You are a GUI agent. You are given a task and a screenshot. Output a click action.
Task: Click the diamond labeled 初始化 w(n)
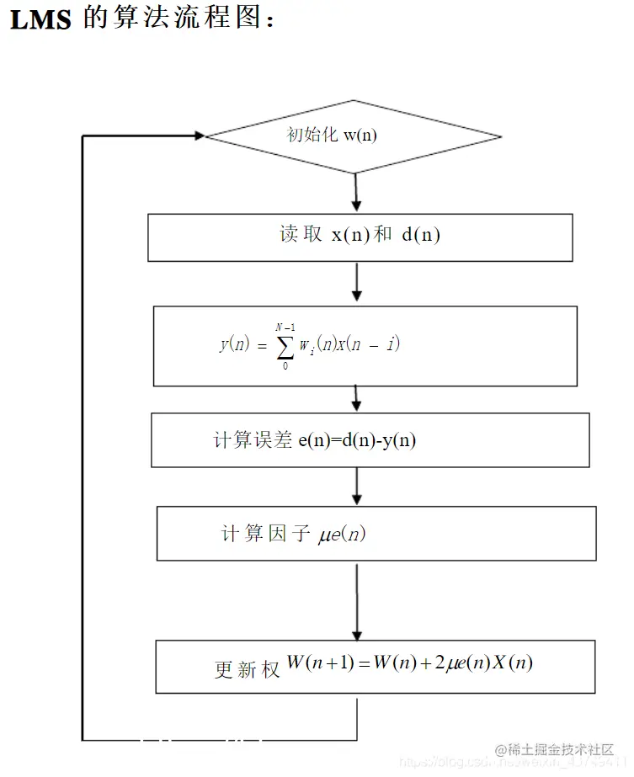[x=354, y=136]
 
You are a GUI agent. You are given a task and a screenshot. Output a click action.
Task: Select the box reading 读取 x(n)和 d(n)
[x=360, y=237]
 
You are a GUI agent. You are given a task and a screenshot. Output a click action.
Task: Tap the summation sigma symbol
[x=285, y=344]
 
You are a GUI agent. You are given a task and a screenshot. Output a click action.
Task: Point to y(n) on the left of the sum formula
[x=234, y=344]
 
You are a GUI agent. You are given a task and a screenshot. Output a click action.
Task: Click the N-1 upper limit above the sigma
[x=285, y=327]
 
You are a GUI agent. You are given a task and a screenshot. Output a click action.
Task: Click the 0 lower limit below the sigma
[x=285, y=365]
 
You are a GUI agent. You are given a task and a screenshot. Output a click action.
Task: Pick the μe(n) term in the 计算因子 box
[x=343, y=534]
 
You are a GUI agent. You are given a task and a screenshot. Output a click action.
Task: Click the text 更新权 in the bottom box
[x=247, y=670]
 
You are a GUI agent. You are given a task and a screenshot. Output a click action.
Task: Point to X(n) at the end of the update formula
[x=510, y=663]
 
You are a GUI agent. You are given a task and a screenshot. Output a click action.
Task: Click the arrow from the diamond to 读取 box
[x=356, y=194]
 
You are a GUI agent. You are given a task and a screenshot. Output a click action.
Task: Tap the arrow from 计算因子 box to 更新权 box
[x=357, y=601]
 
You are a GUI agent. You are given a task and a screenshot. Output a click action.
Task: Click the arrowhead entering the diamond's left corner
[x=199, y=136]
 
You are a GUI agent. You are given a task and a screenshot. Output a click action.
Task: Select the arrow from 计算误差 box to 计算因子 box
[x=357, y=486]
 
